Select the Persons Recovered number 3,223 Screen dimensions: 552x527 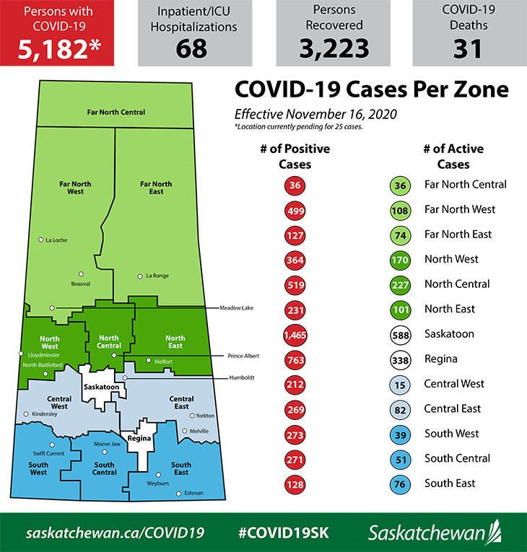point(333,48)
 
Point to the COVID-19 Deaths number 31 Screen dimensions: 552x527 point(469,48)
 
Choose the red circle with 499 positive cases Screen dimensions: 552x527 point(294,210)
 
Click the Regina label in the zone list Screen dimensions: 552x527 point(440,359)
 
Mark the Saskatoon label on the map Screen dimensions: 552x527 point(101,387)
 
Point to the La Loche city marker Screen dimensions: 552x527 point(41,240)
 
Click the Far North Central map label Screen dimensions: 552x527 point(116,113)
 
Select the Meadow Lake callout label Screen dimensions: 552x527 point(238,307)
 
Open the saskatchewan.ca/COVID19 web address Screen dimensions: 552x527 point(115,533)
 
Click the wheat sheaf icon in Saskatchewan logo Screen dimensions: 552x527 point(494,531)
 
